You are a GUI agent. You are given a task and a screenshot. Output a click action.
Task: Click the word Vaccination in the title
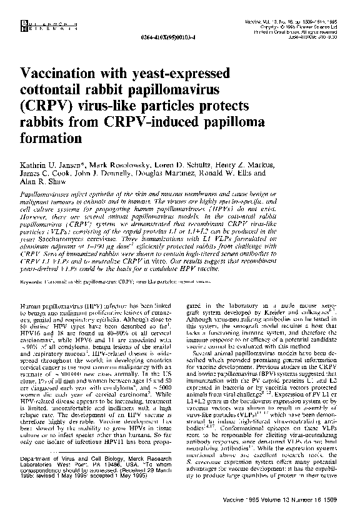point(61,71)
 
